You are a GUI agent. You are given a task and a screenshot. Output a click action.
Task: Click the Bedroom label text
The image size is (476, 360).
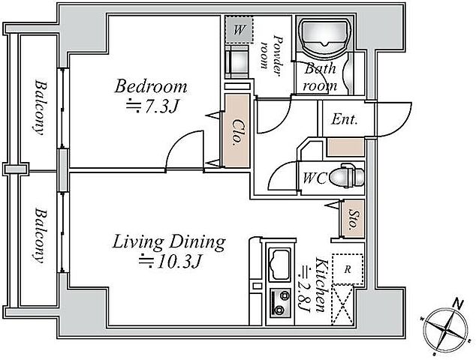click(151, 86)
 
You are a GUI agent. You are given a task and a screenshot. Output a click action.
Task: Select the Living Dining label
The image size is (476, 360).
click(169, 242)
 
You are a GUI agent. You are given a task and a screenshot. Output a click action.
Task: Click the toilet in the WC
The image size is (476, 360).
click(347, 177)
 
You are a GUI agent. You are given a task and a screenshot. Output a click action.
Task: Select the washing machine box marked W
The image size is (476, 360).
click(239, 30)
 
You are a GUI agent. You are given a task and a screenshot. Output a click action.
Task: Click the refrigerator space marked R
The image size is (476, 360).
click(348, 269)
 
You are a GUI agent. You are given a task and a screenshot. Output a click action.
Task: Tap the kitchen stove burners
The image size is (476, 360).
click(280, 303)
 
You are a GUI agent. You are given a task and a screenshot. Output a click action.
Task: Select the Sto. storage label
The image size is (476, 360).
click(352, 219)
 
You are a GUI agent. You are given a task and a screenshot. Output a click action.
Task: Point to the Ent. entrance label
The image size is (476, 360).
click(344, 119)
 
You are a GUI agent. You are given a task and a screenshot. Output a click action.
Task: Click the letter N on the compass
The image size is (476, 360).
click(459, 304)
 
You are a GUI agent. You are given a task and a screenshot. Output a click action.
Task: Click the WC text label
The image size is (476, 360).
click(314, 178)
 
